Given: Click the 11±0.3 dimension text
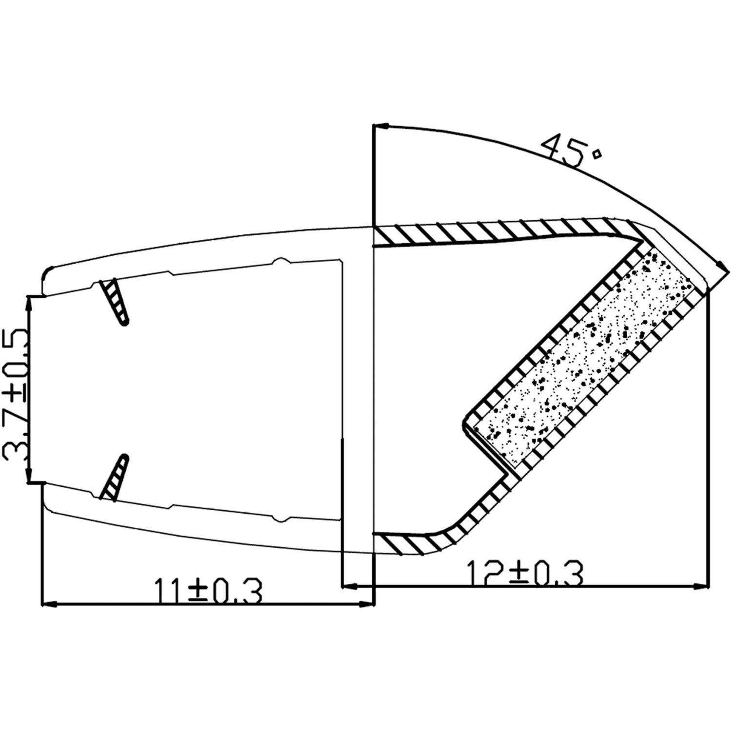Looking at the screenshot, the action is [x=208, y=591].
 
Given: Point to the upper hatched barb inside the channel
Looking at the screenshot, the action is [x=115, y=301].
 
